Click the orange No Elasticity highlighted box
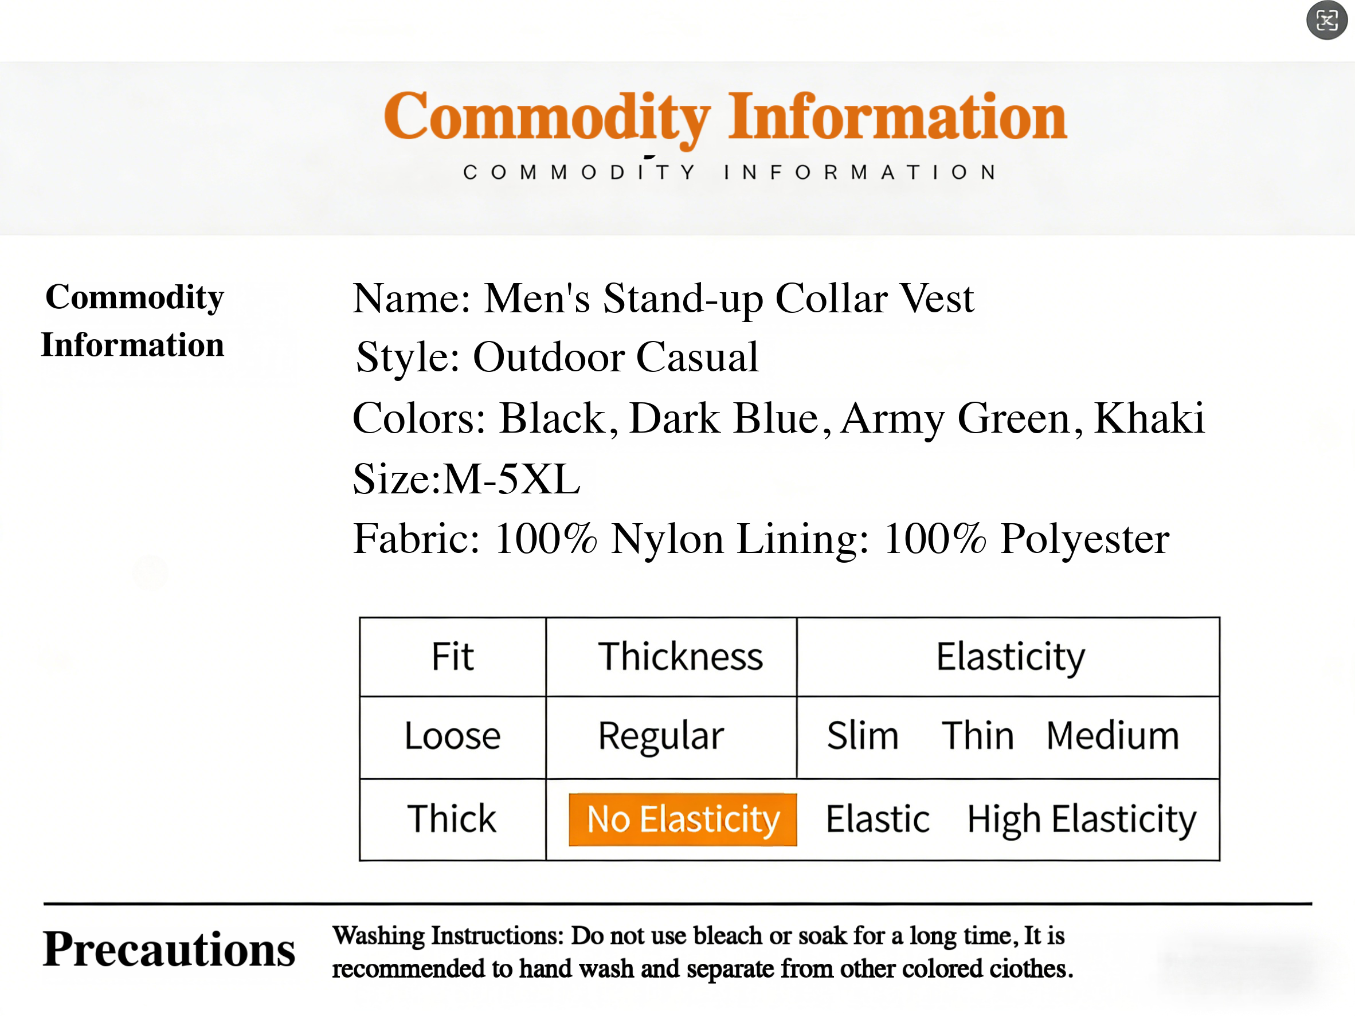pos(683,819)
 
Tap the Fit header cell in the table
pos(453,657)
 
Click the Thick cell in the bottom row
pos(452,819)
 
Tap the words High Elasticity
pos(1081,820)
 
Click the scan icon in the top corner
pos(1327,21)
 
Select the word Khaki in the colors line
pos(1149,418)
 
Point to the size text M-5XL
pos(511,479)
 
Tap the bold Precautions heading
pos(169,950)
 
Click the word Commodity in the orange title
pos(547,118)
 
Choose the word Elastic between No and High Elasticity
pos(878,819)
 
